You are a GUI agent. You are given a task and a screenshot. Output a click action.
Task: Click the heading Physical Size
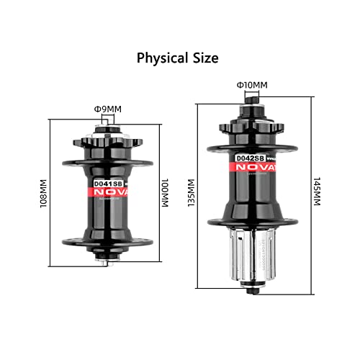tap(179, 57)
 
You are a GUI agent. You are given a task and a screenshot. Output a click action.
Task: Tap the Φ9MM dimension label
tap(107, 109)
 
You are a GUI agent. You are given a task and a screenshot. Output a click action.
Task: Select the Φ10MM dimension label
tap(252, 86)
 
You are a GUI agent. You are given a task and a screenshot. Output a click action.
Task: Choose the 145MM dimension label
tap(316, 192)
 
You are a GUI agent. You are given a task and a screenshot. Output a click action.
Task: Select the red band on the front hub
tap(108, 193)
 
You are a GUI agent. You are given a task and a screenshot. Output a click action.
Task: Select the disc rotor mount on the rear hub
tap(251, 124)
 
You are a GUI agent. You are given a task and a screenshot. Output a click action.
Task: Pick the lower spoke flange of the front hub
tap(108, 241)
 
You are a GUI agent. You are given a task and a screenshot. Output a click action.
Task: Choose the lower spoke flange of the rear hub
tap(251, 219)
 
